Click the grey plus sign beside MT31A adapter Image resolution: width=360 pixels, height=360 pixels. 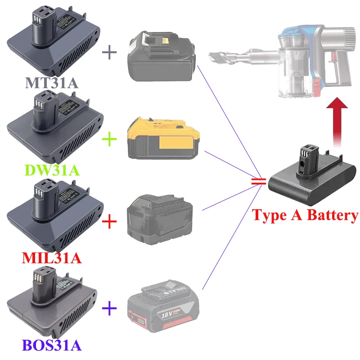tap(109, 52)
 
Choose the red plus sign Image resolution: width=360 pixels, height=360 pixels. tap(109, 222)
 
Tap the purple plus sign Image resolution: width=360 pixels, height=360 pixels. tap(109, 308)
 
